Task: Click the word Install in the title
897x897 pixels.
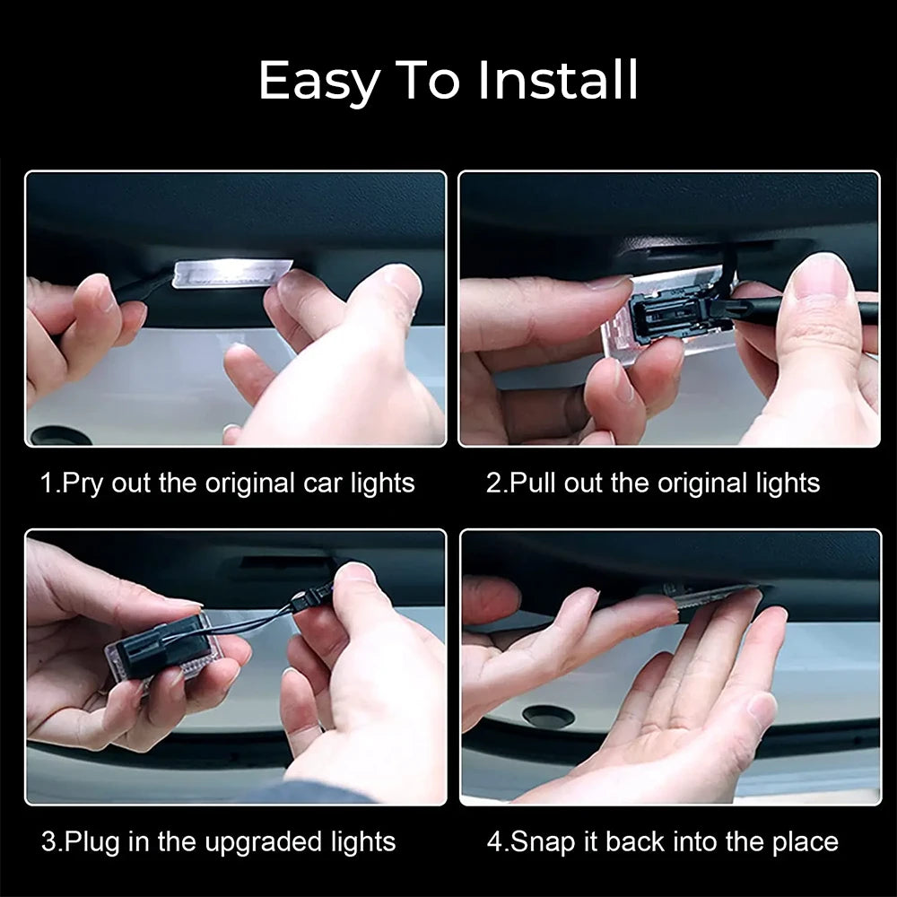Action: [558, 80]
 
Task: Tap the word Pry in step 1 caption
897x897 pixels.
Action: [83, 484]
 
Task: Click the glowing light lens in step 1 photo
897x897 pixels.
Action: [232, 273]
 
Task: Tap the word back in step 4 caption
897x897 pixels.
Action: [635, 842]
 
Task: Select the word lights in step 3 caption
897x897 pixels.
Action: [363, 842]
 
